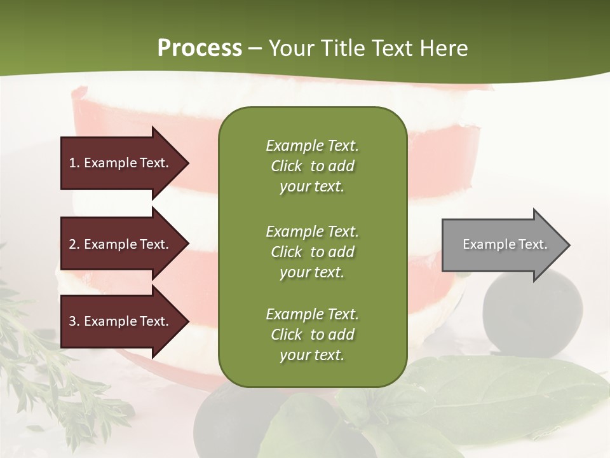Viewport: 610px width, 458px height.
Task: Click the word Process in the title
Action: click(x=200, y=48)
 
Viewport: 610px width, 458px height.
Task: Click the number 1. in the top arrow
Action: click(x=74, y=163)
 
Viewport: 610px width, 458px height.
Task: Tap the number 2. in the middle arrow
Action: click(x=74, y=244)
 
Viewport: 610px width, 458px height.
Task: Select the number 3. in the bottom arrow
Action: click(x=74, y=321)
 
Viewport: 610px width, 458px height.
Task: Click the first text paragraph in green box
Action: click(x=312, y=166)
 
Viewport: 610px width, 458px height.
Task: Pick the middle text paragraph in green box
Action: click(x=312, y=252)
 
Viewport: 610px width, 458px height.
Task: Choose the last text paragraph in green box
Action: click(x=312, y=335)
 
